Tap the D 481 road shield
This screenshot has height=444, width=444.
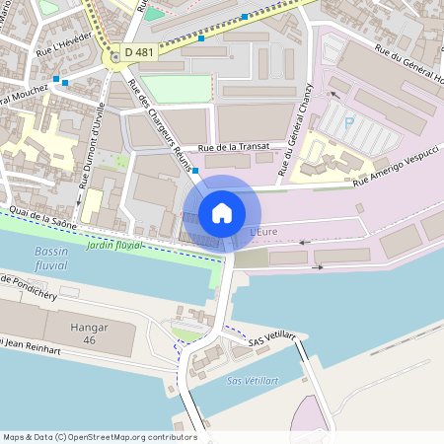139,51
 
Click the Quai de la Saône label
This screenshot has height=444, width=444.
40,219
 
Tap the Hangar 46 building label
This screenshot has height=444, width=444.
90,333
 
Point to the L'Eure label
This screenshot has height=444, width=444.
266,232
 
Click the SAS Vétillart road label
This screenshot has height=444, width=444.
272,339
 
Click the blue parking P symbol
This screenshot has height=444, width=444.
348,123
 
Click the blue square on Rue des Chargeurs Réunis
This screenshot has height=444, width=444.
195,171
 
